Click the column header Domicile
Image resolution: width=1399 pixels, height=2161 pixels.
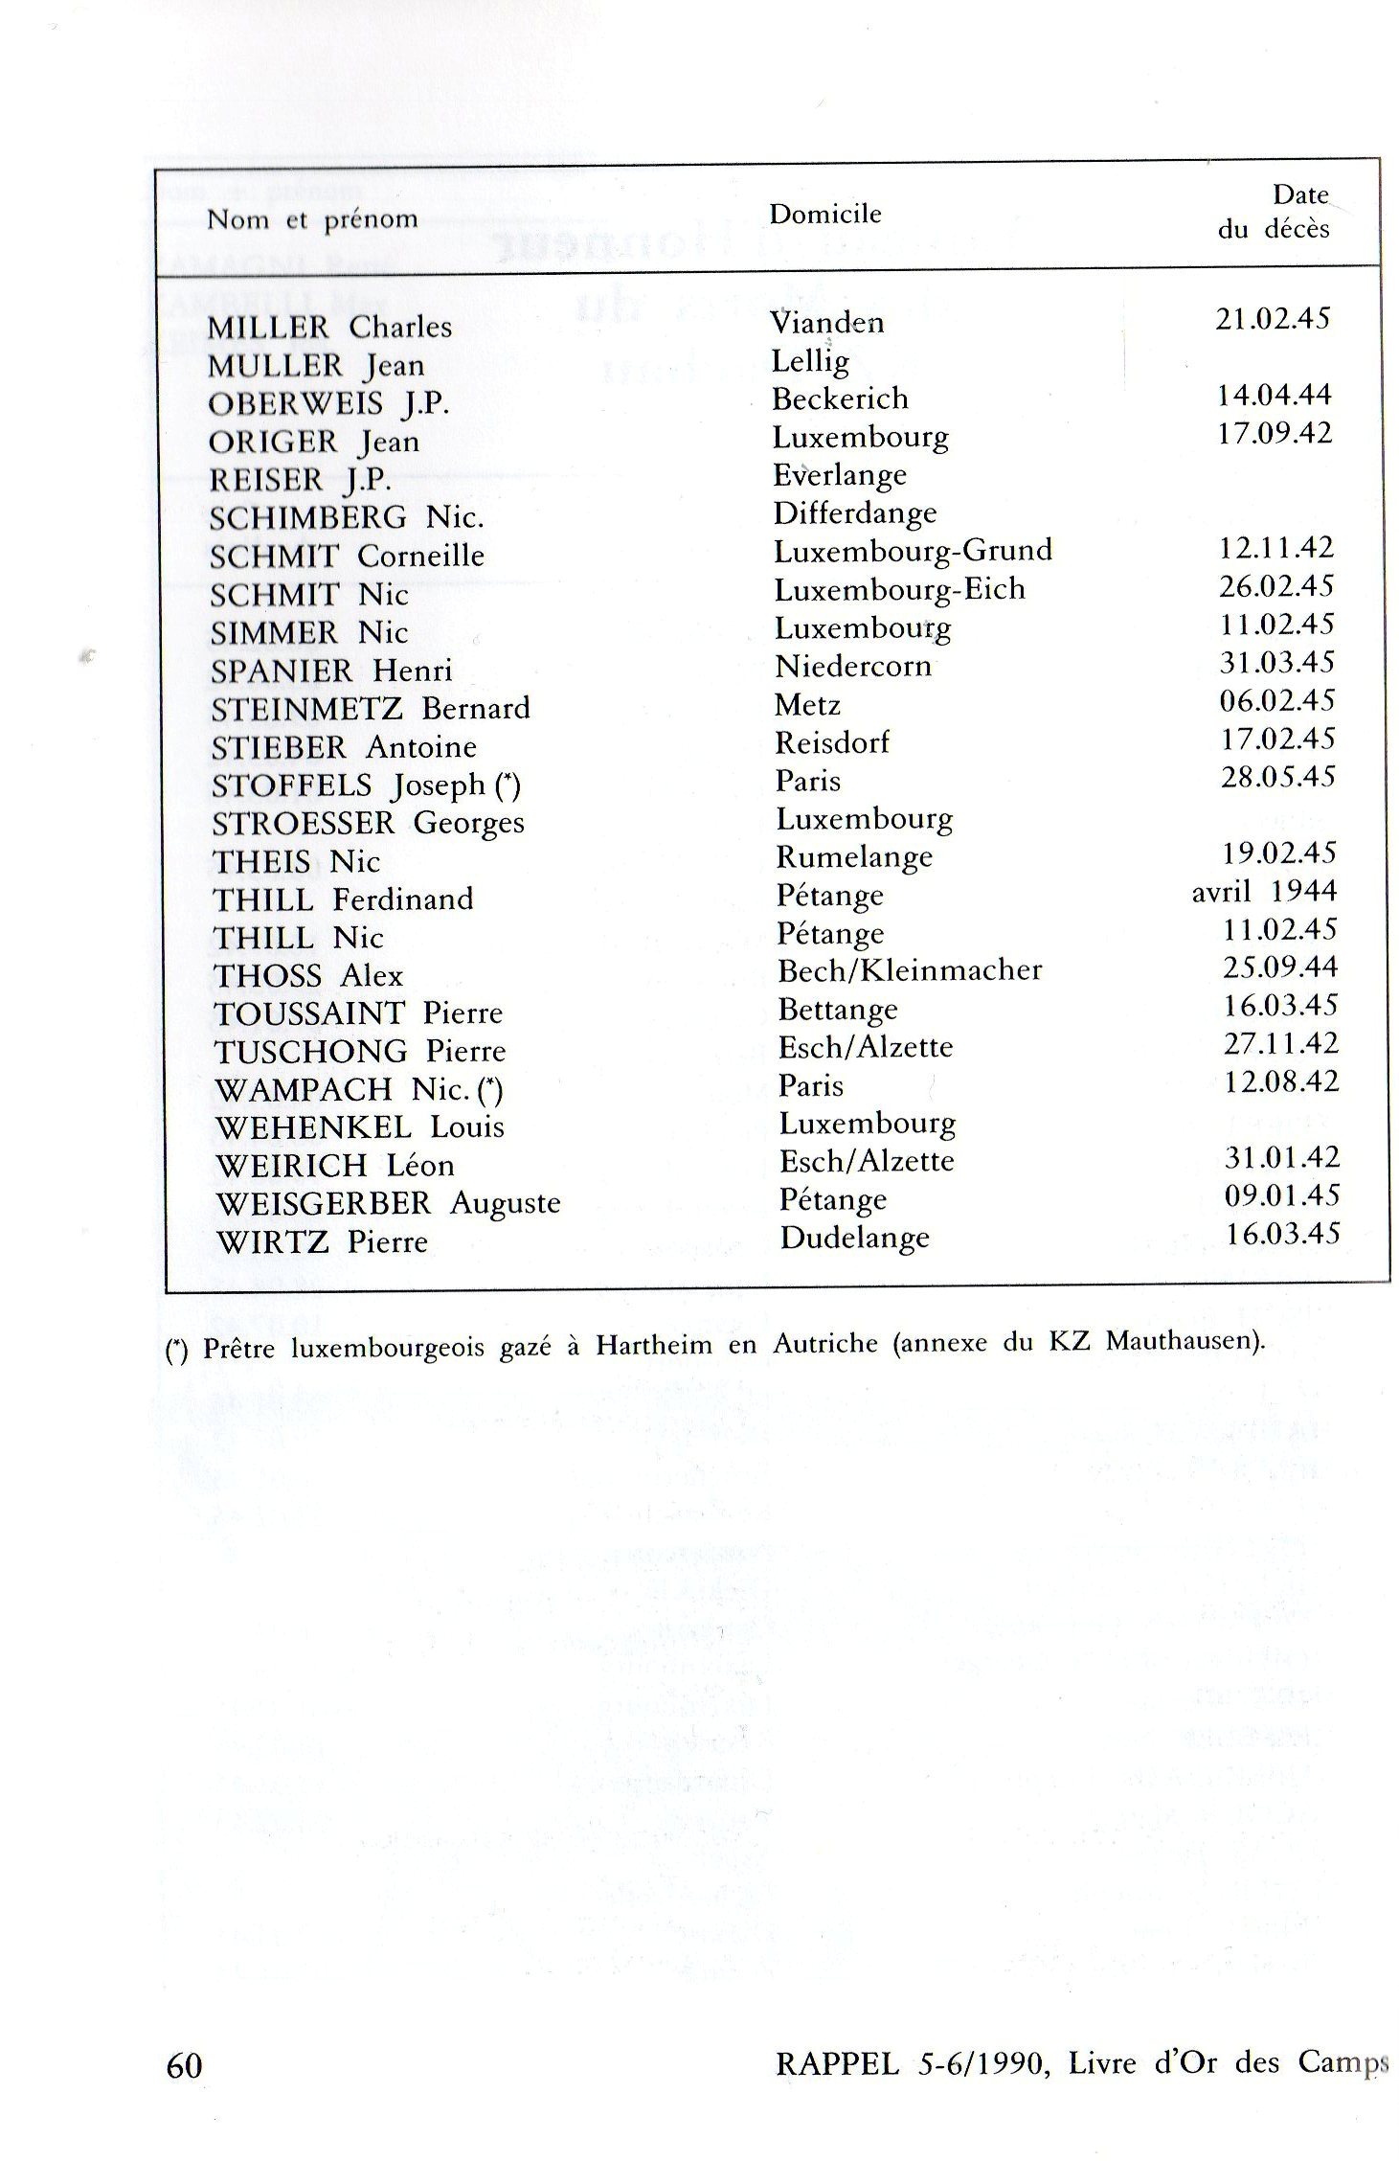(x=824, y=214)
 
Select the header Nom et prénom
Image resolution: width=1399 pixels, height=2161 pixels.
(x=312, y=220)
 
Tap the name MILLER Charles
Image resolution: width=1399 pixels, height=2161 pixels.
(x=329, y=328)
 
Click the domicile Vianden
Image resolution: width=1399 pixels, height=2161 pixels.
(x=827, y=322)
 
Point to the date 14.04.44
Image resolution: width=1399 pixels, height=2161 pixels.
(x=1274, y=395)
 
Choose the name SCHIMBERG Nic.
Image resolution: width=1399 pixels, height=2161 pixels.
(x=347, y=518)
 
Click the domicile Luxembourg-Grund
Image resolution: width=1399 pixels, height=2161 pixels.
(x=913, y=551)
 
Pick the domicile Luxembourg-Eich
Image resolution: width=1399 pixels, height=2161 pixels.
(x=899, y=589)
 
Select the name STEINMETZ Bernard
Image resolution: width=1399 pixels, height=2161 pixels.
(x=371, y=709)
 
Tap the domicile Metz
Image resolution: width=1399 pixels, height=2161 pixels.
(x=807, y=705)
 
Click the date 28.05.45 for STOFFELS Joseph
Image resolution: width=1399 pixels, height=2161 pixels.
(x=1277, y=776)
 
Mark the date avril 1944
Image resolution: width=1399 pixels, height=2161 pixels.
(x=1264, y=892)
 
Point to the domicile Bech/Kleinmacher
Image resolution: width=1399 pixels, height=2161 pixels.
(x=909, y=970)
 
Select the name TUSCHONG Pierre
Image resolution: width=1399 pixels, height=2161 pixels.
(x=360, y=1052)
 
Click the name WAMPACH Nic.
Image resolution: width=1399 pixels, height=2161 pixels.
(x=359, y=1090)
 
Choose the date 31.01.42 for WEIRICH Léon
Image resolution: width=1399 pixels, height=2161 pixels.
(x=1281, y=1157)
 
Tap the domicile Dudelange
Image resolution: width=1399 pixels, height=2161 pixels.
(x=854, y=1238)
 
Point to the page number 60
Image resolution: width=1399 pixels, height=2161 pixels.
(x=185, y=2066)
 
